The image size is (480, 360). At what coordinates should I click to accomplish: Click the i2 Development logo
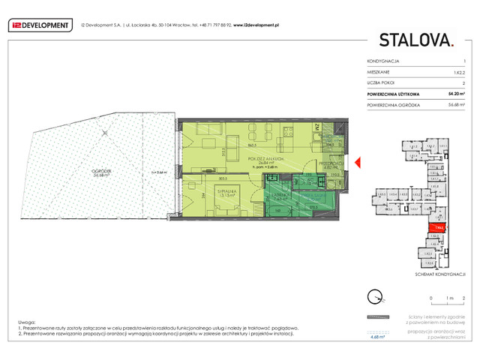(40, 25)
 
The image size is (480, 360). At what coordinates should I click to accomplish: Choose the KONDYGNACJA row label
(383, 60)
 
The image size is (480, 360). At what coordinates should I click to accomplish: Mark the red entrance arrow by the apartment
(358, 162)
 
